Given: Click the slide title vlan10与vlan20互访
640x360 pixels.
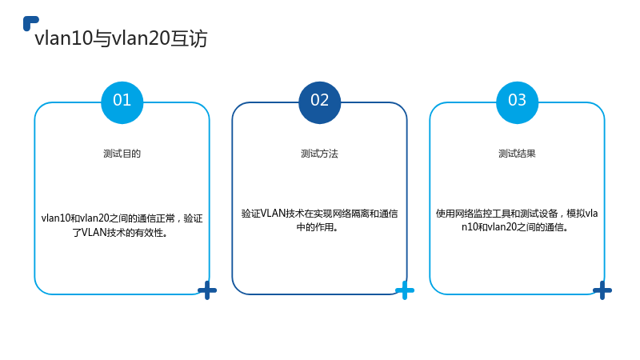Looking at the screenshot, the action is [x=122, y=38].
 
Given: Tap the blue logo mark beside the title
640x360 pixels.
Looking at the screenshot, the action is [x=30, y=23].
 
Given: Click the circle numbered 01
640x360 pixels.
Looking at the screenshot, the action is [x=122, y=102].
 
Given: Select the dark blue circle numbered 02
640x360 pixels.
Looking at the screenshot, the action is [x=319, y=102].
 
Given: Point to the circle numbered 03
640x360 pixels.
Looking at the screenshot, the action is [x=517, y=102].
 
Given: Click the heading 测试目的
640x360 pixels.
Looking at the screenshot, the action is [x=122, y=154].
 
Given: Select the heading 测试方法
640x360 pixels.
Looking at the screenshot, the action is [x=319, y=154].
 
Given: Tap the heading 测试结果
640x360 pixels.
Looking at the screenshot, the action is [x=517, y=154].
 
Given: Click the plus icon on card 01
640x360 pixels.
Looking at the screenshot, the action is [x=207, y=290].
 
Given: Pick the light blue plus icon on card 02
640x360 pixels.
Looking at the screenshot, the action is [x=405, y=290].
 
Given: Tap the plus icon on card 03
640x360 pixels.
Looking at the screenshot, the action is [x=602, y=290].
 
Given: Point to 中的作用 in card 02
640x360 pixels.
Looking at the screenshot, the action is [x=315, y=227].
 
